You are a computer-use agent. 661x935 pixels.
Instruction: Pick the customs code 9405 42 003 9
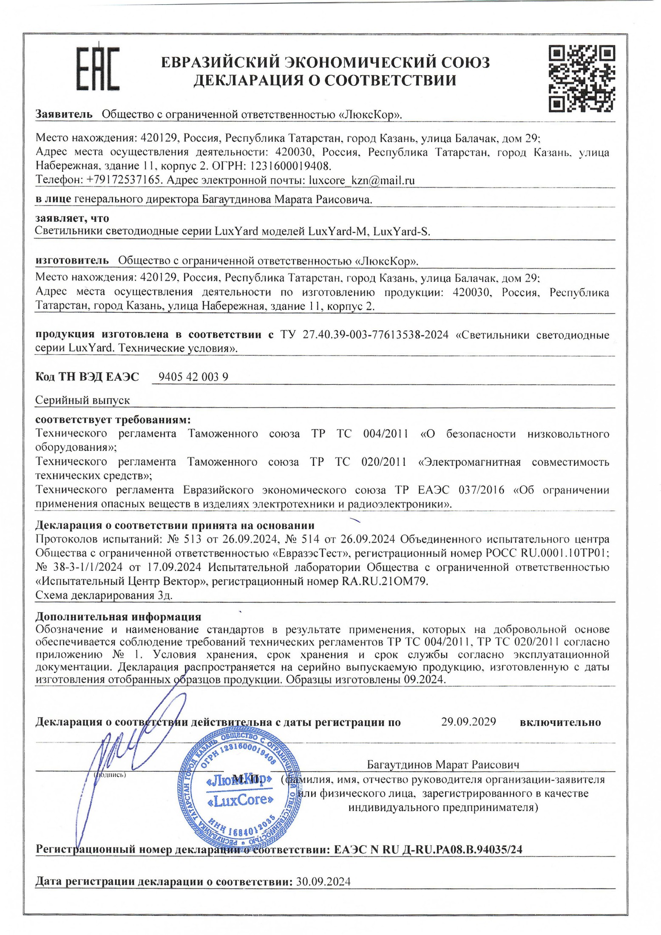point(193,377)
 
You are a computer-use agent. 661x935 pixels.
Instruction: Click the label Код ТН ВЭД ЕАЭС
point(87,377)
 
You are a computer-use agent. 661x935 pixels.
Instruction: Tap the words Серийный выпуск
point(82,400)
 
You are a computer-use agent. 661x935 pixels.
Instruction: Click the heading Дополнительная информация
point(118,616)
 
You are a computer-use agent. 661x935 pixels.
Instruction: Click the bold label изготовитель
point(72,261)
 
